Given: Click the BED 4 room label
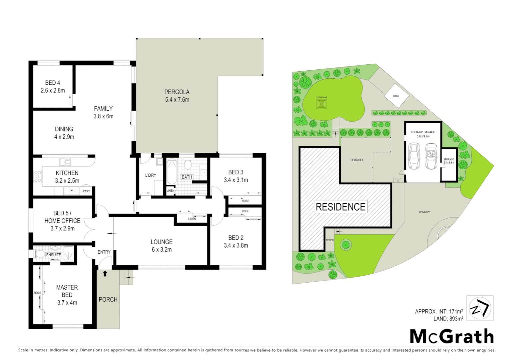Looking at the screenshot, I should pyautogui.click(x=53, y=83).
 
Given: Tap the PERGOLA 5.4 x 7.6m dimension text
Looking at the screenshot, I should pyautogui.click(x=177, y=100).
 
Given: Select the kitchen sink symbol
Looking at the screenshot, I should pyautogui.click(x=65, y=162).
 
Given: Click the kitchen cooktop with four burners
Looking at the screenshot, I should pyautogui.click(x=38, y=176).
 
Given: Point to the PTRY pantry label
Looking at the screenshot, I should pyautogui.click(x=86, y=191).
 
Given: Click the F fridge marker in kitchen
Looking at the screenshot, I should pyautogui.click(x=71, y=191).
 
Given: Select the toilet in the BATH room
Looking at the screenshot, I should pyautogui.click(x=188, y=164).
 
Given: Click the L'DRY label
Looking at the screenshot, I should pyautogui.click(x=151, y=175).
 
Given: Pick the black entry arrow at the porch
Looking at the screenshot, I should pyautogui.click(x=105, y=274).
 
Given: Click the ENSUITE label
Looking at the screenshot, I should pyautogui.click(x=54, y=255).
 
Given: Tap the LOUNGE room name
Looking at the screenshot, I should pyautogui.click(x=162, y=242).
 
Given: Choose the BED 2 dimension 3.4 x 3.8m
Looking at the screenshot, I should pyautogui.click(x=236, y=246).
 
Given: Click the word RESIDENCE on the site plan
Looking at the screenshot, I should pyautogui.click(x=340, y=207).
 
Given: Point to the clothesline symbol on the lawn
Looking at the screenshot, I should pyautogui.click(x=321, y=104).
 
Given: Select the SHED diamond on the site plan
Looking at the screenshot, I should pyautogui.click(x=396, y=96).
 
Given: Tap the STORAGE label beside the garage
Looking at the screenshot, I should pyautogui.click(x=448, y=160).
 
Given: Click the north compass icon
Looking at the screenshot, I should pyautogui.click(x=480, y=308).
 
